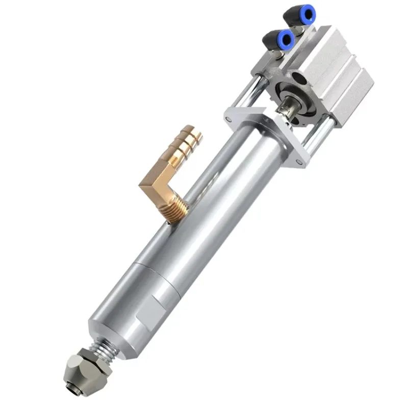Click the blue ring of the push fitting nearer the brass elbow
coord(286,37)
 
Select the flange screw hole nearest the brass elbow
coord(229,119)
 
